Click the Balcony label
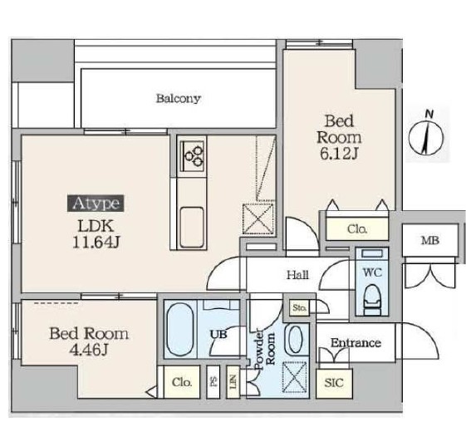(179, 98)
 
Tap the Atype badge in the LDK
(96, 204)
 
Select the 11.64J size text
(96, 243)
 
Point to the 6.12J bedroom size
(339, 154)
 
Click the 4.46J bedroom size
(89, 350)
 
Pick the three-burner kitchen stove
(192, 156)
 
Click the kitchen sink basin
(192, 228)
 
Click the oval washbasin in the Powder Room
(295, 340)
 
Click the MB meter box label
(430, 240)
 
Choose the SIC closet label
(334, 383)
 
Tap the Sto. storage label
(300, 307)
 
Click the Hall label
(297, 275)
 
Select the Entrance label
(356, 343)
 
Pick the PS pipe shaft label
(213, 382)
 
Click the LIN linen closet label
(233, 381)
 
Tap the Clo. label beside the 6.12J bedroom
(357, 229)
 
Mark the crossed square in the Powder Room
(294, 377)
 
